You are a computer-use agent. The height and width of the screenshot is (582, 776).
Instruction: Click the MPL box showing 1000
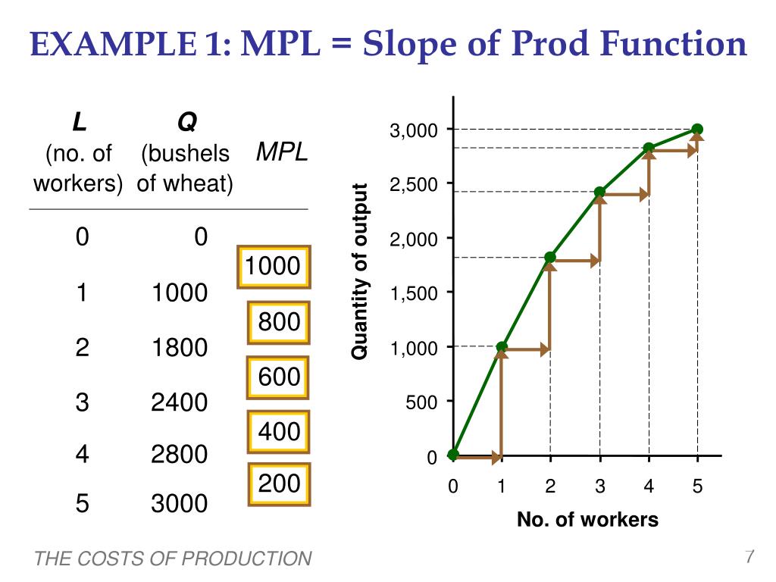[273, 267]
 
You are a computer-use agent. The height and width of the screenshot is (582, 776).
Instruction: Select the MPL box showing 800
[279, 323]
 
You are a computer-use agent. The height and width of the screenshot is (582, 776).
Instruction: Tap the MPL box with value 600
[279, 377]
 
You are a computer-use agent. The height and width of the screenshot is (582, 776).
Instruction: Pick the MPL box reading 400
[279, 432]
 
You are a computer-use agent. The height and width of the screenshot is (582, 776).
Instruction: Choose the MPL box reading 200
[279, 483]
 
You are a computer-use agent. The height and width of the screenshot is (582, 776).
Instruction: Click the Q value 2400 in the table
[179, 402]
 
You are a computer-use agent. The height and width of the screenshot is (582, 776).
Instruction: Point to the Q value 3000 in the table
[179, 503]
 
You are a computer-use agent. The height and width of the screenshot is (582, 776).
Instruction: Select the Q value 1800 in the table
[179, 348]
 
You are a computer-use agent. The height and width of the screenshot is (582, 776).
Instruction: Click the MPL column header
[282, 152]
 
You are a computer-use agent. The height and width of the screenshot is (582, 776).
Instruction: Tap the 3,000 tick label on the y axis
[414, 131]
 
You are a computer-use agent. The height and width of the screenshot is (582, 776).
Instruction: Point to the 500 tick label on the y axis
[421, 402]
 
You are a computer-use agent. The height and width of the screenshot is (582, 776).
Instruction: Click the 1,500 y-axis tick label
[414, 294]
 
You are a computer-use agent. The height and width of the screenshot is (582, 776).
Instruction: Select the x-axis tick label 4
[649, 487]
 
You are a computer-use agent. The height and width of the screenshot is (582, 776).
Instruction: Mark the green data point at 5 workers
[697, 130]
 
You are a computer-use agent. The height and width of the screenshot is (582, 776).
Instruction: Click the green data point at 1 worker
[502, 347]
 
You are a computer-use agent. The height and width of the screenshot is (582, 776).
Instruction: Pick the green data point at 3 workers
[599, 192]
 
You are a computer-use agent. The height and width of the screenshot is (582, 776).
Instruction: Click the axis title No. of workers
[587, 520]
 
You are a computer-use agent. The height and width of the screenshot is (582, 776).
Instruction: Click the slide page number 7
[749, 557]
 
